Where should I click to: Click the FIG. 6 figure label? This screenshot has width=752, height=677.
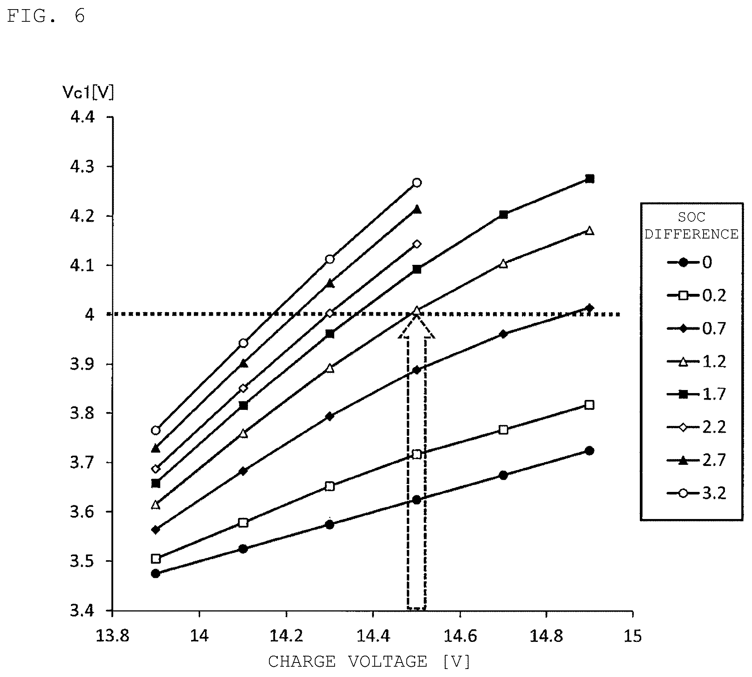(x=46, y=16)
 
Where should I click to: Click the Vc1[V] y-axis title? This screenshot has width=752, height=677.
(x=88, y=92)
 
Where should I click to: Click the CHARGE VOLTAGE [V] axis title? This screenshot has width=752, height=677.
(x=369, y=661)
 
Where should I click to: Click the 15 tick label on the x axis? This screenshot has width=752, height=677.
(x=633, y=636)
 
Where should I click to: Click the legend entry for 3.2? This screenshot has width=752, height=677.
(x=697, y=493)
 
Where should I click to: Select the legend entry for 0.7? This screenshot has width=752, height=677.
(x=697, y=328)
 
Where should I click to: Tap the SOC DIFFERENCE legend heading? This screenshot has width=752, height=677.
(x=691, y=226)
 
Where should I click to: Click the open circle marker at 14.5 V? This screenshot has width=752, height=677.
(x=417, y=182)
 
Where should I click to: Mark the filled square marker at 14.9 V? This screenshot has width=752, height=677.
(x=589, y=179)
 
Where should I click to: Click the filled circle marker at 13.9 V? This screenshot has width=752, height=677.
(x=155, y=574)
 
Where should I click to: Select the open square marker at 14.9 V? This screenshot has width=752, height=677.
(x=589, y=405)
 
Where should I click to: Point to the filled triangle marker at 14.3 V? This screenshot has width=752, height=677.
(x=330, y=283)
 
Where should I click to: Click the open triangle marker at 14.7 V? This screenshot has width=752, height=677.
(x=503, y=263)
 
